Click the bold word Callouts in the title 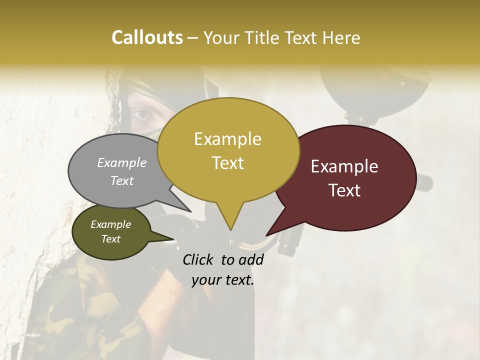click(x=147, y=37)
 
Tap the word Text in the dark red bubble click(x=344, y=190)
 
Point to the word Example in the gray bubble click(x=121, y=162)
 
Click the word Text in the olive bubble click(x=111, y=239)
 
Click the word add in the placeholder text click(x=251, y=259)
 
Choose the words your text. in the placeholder click(x=223, y=280)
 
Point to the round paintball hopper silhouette click(x=375, y=90)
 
